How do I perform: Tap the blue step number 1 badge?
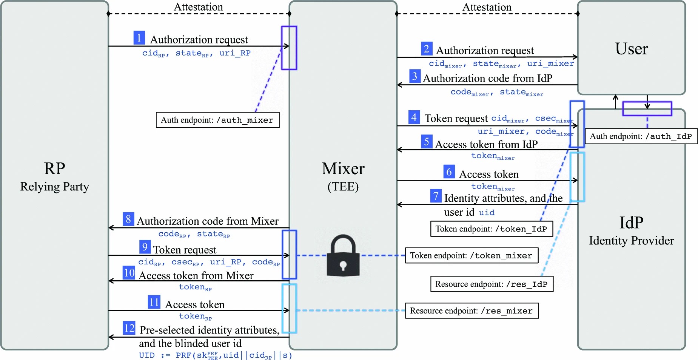pyautogui.click(x=139, y=38)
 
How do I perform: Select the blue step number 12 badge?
pyautogui.click(x=129, y=328)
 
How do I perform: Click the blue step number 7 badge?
pyautogui.click(x=436, y=196)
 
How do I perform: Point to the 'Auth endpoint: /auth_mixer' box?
pyautogui.click(x=217, y=120)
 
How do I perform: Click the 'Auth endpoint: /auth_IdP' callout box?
pyautogui.click(x=641, y=136)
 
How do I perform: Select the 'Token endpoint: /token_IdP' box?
pyautogui.click(x=491, y=229)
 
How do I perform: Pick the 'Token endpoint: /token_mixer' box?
pyautogui.click(x=471, y=256)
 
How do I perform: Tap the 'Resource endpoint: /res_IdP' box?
pyautogui.click(x=492, y=284)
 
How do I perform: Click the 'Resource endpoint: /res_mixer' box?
pyautogui.click(x=471, y=311)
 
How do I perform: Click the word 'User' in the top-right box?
pyautogui.click(x=631, y=49)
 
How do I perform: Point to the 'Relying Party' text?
pyautogui.click(x=55, y=187)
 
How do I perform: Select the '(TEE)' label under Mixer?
pyautogui.click(x=343, y=187)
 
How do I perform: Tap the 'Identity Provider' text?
pyautogui.click(x=631, y=241)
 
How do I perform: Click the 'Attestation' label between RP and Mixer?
pyautogui.click(x=198, y=7)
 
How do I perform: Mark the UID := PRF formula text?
pyautogui.click(x=215, y=355)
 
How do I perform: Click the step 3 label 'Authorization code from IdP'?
pyautogui.click(x=487, y=78)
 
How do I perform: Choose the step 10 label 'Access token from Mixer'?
pyautogui.click(x=196, y=276)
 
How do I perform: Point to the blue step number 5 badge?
pyautogui.click(x=427, y=142)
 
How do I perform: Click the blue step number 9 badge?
pyautogui.click(x=145, y=247)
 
